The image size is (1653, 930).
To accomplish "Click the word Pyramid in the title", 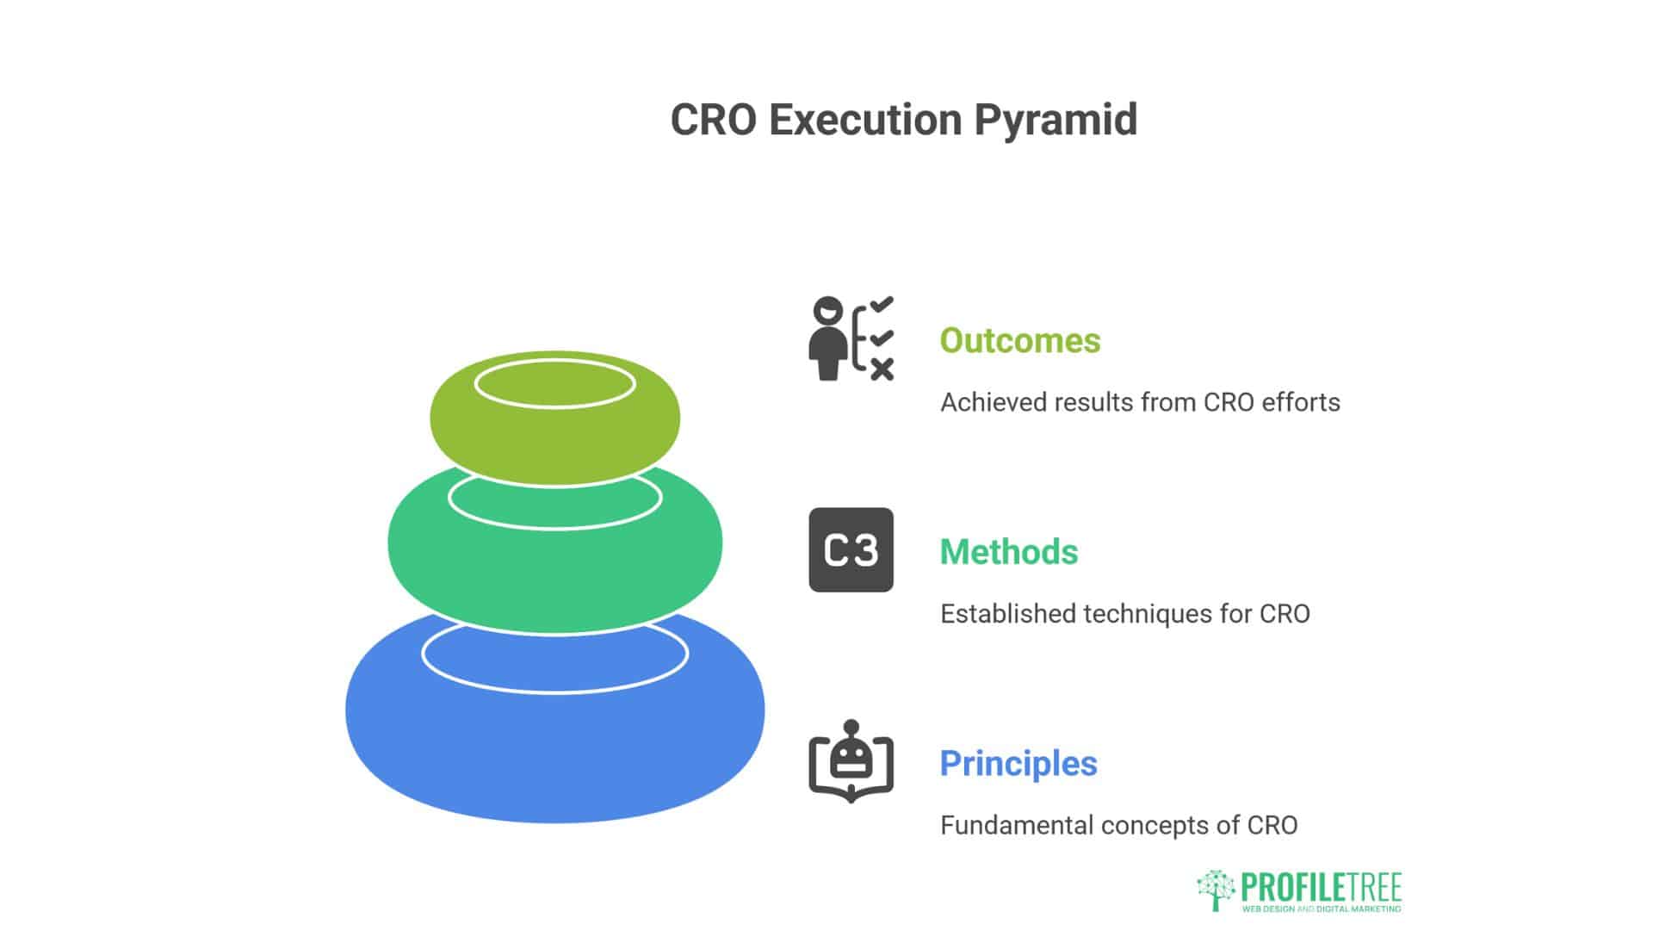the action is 1056,121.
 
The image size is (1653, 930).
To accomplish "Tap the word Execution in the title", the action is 865,120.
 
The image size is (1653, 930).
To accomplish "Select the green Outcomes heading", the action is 1020,340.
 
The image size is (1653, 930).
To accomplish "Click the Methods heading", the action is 1009,552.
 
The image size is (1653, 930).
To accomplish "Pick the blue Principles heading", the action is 1018,764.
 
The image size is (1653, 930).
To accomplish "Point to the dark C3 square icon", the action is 851,549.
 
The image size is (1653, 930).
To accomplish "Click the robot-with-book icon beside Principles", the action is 851,761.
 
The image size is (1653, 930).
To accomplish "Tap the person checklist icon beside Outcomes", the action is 851,338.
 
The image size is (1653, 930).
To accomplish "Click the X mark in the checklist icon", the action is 882,369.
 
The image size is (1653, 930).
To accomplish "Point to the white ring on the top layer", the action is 554,361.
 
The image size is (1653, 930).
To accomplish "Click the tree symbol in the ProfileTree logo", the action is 1216,890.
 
